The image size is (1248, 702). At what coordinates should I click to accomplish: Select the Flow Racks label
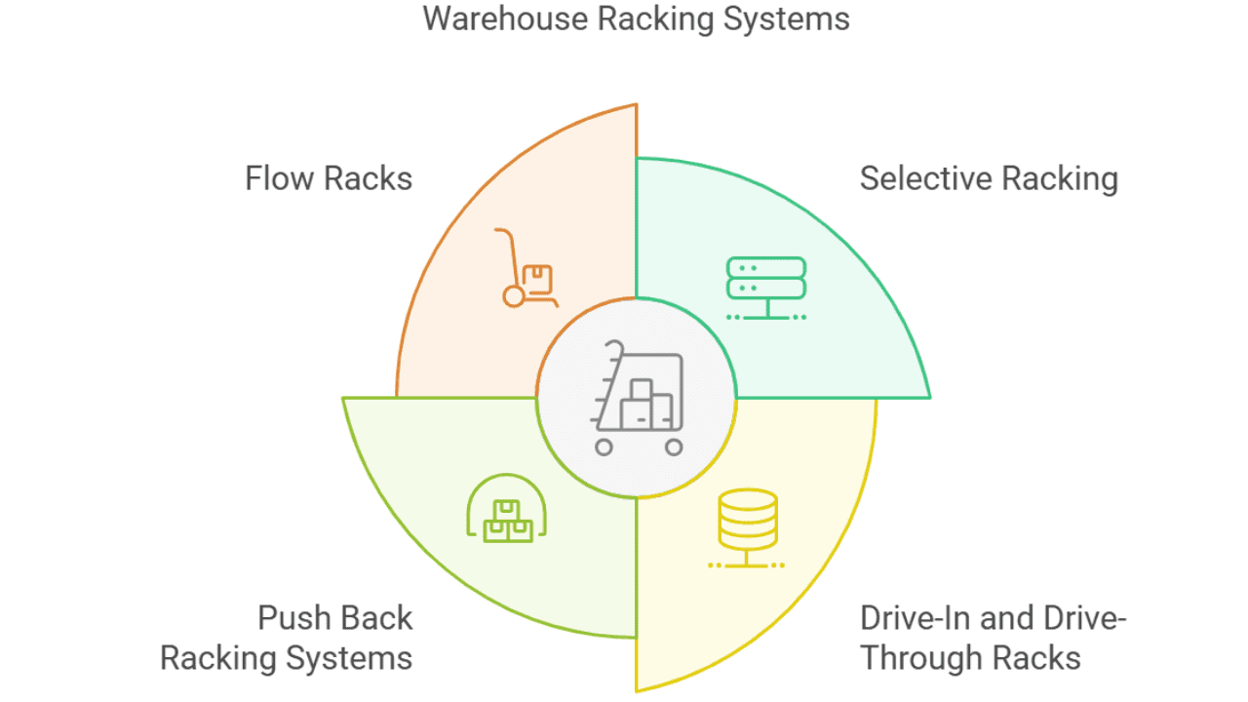[x=329, y=179]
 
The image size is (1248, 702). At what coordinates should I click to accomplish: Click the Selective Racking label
[x=988, y=179]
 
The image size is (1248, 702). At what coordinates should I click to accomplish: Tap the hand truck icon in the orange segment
[x=525, y=268]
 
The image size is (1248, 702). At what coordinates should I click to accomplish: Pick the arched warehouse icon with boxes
[x=507, y=510]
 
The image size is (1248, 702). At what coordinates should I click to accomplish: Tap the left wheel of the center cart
[x=604, y=448]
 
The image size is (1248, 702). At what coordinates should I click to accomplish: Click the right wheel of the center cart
[x=674, y=448]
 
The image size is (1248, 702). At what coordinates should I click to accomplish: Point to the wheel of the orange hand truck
[x=514, y=296]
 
